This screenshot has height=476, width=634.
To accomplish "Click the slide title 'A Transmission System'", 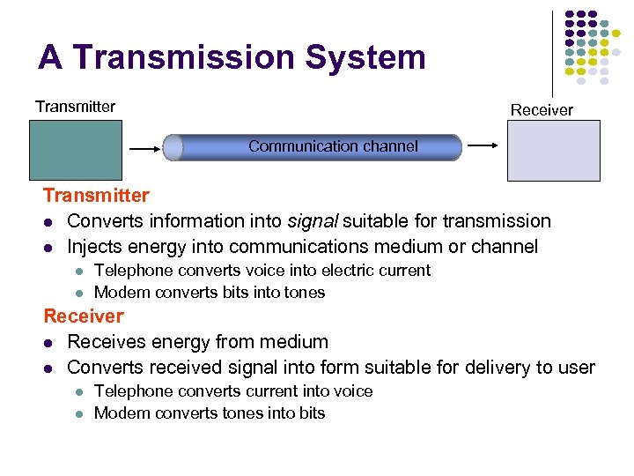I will point(232,58).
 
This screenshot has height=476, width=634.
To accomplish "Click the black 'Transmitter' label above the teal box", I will point(75,107).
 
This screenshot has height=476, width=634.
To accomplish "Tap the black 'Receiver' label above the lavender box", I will point(542,110).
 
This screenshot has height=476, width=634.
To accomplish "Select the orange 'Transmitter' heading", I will point(96,195).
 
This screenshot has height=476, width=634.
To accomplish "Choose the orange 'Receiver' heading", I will point(84,316).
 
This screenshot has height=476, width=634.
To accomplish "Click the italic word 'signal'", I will point(313,220).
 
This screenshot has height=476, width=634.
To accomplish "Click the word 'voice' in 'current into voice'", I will point(352,391).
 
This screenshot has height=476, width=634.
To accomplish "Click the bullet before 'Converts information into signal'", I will point(49,221).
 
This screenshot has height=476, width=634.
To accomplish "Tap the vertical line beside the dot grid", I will point(552,53).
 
